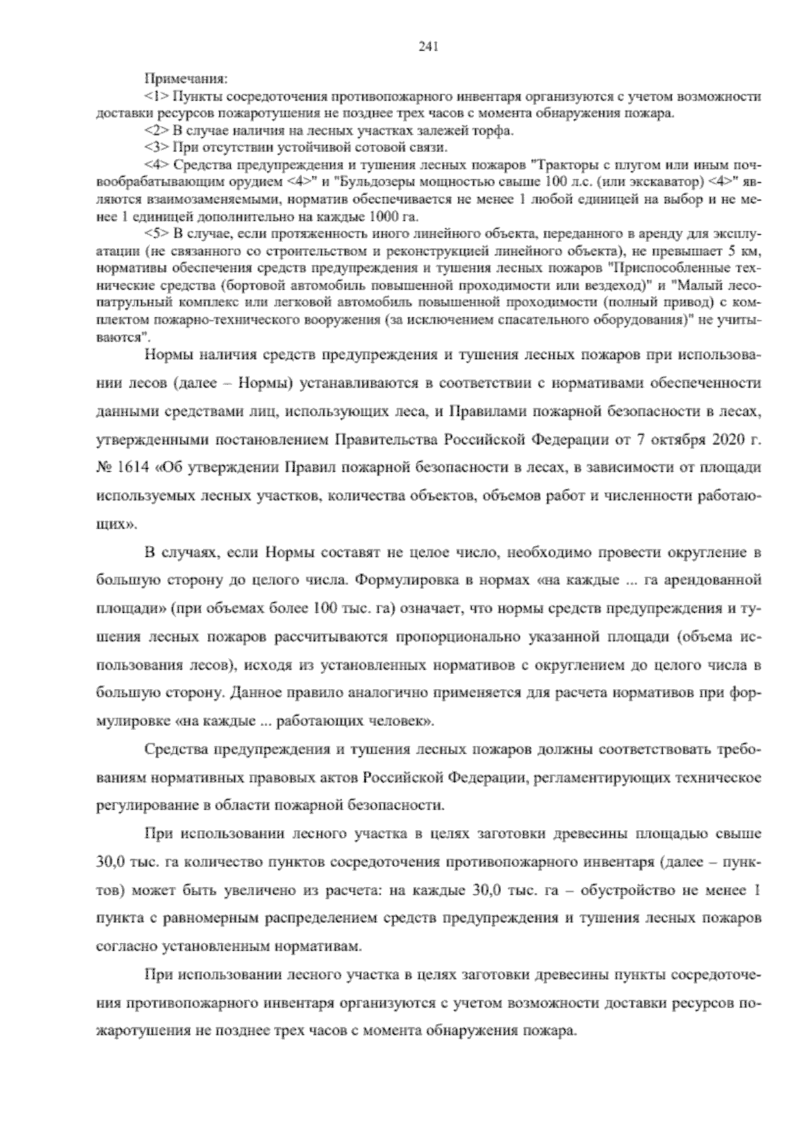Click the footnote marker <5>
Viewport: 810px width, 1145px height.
pos(156,234)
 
